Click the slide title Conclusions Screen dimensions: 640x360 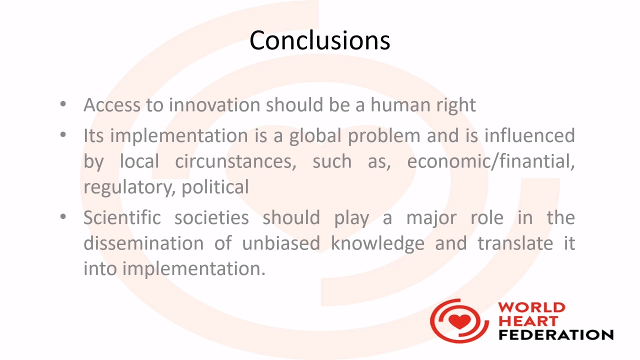319,40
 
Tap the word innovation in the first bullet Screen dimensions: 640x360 214,104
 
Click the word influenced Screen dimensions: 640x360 529,135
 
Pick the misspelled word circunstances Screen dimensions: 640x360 235,161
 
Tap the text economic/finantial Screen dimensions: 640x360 491,161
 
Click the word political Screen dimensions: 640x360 215,187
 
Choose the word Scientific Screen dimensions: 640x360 122,217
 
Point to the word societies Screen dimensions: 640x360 211,217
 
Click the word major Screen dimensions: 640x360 431,219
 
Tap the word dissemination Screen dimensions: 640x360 143,243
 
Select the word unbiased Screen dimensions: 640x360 281,243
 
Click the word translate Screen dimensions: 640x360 515,243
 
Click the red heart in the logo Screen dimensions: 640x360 459,321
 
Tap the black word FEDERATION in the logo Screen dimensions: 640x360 556,334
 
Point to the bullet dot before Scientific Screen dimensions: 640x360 63,217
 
